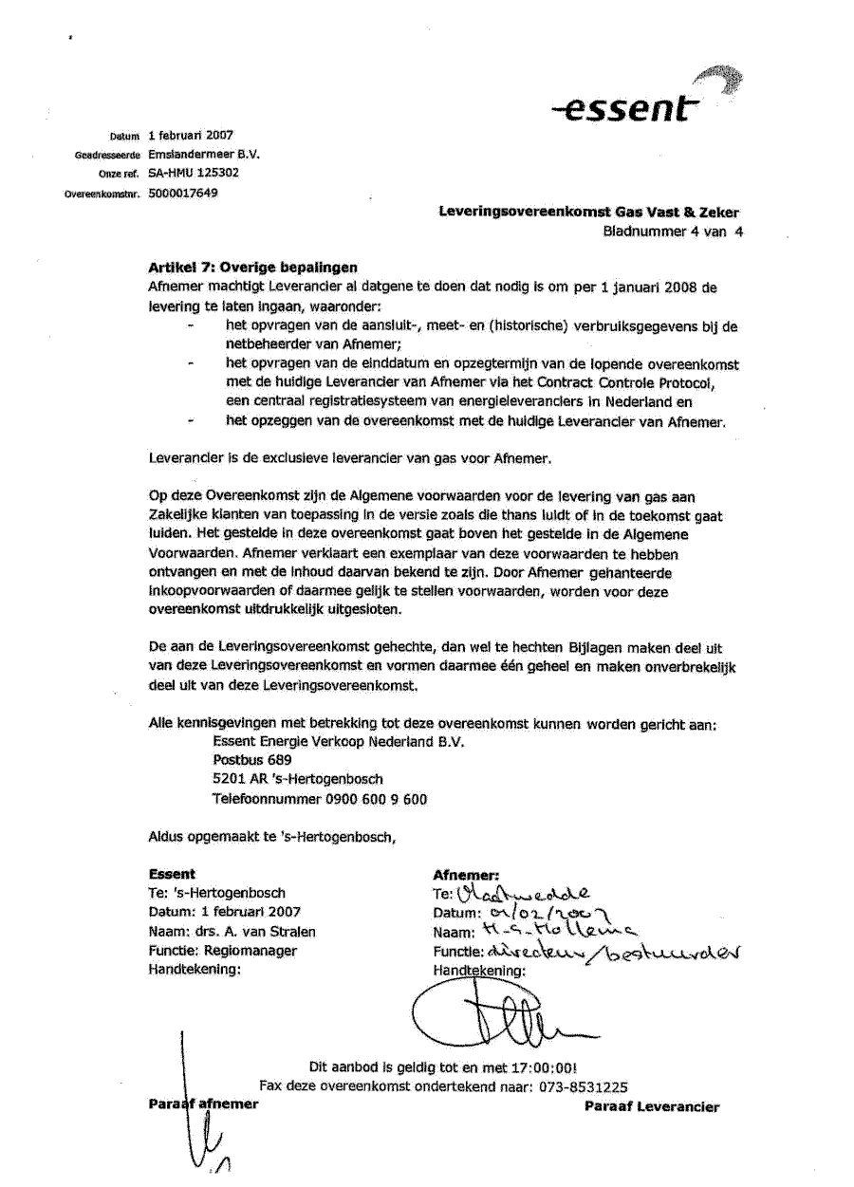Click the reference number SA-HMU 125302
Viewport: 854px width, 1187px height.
pos(194,173)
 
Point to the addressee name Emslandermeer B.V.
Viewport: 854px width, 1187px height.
pos(204,154)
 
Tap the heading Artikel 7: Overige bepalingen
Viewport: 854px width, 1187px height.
pos(253,268)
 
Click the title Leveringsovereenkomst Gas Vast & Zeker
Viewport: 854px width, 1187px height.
pos(588,213)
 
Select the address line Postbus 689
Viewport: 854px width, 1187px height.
pos(252,760)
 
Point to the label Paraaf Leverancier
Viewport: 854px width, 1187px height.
pos(652,1106)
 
